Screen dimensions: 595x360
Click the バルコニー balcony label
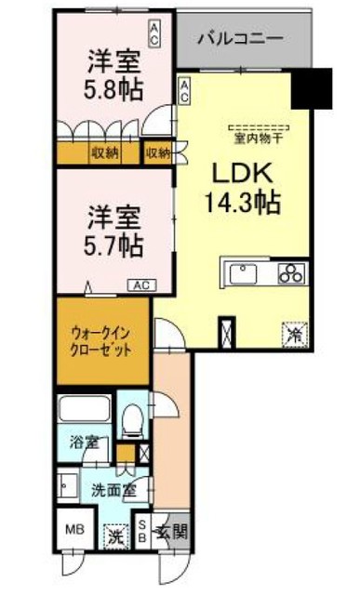coord(241,39)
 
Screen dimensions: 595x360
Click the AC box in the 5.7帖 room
coord(142,285)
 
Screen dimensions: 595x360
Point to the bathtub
coord(85,410)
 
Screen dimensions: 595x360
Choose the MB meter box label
coord(73,532)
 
